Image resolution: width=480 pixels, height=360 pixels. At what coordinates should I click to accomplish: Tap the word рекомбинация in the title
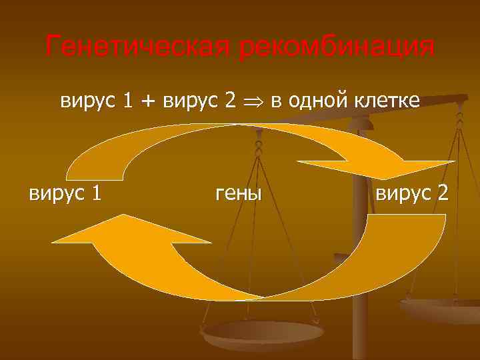pos(336,47)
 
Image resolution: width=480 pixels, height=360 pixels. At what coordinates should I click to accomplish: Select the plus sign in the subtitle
pos(145,101)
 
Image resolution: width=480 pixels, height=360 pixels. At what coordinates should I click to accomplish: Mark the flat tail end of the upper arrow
pos(97,175)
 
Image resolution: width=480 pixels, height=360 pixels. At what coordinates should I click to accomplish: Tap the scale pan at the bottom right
pos(443,308)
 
